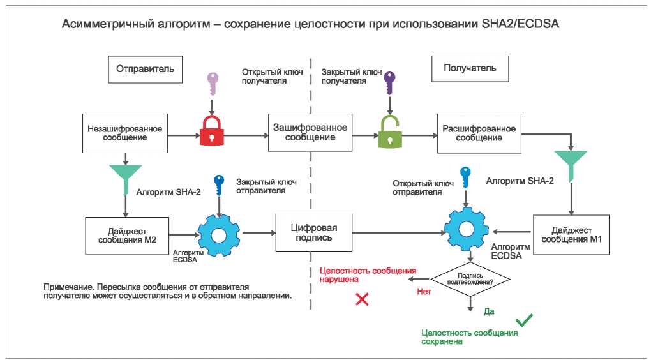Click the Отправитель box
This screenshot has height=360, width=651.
[x=145, y=70]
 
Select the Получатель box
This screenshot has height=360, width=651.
[x=470, y=68]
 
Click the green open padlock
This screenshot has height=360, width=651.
[x=390, y=131]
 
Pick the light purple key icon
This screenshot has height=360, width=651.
[x=213, y=84]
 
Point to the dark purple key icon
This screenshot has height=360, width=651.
[x=389, y=83]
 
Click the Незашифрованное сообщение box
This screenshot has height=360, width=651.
[x=125, y=133]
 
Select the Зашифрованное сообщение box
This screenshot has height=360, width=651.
[x=310, y=133]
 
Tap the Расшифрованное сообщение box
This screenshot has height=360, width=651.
[x=479, y=133]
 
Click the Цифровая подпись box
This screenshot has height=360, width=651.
[x=314, y=233]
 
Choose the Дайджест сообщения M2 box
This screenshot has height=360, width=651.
[x=127, y=236]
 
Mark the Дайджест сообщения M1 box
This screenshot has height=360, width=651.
[x=571, y=235]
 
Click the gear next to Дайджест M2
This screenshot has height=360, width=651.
[x=218, y=236]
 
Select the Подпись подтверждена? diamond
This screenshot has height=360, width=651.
[x=470, y=278]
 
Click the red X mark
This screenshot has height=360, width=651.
[x=362, y=299]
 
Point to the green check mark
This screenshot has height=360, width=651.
[x=524, y=320]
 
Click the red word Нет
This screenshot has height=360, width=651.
[x=424, y=292]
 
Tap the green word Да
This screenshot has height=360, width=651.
[x=489, y=311]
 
